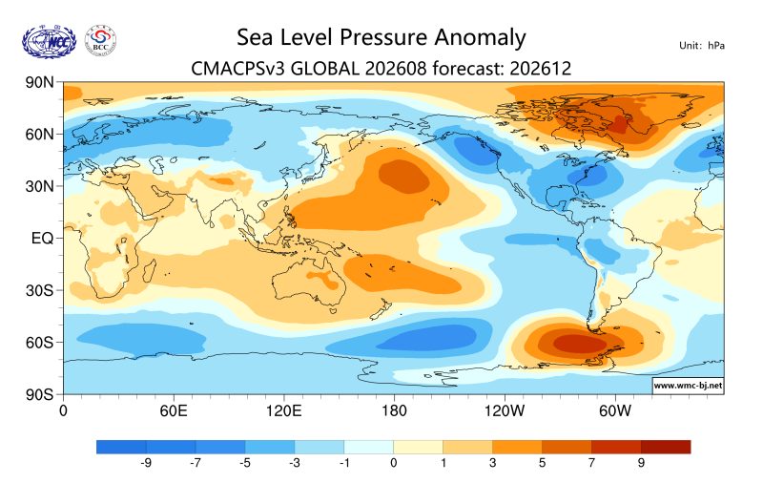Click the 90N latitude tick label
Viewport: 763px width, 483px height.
click(39, 82)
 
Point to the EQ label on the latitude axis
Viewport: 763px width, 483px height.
click(42, 239)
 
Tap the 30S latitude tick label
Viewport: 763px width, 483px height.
click(39, 291)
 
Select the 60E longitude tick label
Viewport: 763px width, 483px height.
click(174, 411)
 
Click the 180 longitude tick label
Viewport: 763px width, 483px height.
click(394, 411)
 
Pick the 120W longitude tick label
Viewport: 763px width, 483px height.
click(505, 411)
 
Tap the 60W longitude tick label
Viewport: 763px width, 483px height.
click(615, 411)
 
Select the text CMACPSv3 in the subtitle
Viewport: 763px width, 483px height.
click(237, 68)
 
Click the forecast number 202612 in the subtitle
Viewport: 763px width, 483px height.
click(540, 68)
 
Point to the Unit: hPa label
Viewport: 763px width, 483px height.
click(702, 46)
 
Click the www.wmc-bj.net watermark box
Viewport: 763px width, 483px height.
click(688, 386)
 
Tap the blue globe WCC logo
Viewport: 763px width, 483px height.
click(50, 42)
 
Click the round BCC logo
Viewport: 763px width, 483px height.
click(101, 41)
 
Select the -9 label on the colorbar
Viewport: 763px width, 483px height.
click(146, 463)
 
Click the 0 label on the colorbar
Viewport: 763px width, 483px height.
click(394, 463)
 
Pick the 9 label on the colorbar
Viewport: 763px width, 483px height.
click(641, 463)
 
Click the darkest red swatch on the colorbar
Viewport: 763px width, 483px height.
click(666, 447)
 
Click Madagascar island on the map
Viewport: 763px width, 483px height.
click(150, 271)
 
